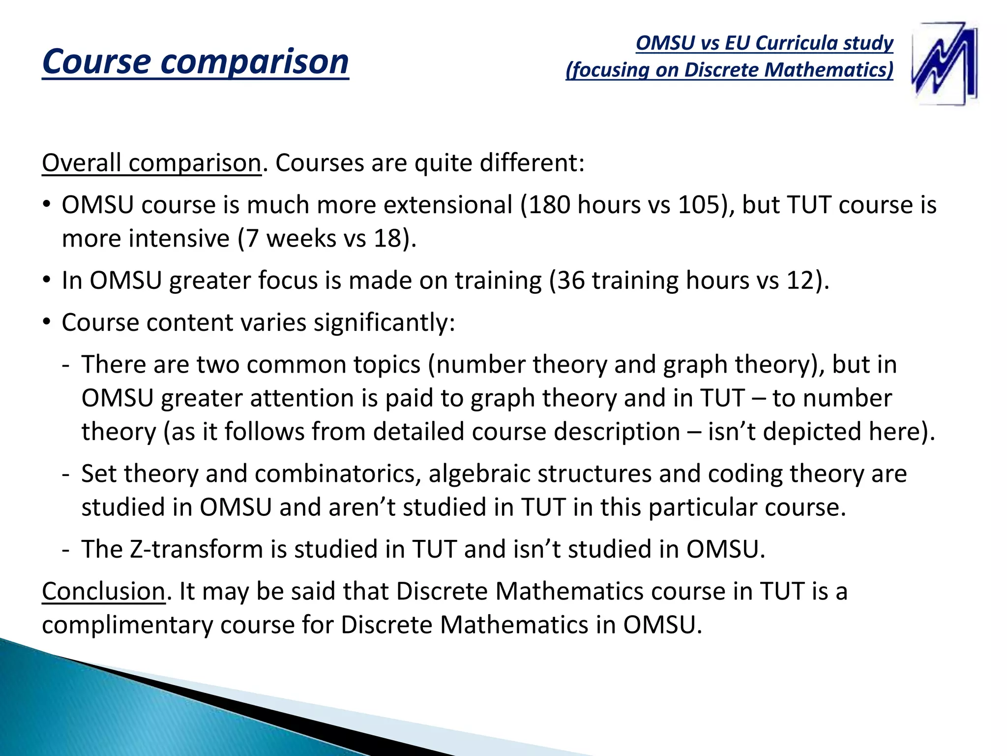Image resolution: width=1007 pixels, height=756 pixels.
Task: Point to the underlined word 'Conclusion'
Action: click(103, 591)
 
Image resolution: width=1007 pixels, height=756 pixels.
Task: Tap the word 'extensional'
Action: click(447, 205)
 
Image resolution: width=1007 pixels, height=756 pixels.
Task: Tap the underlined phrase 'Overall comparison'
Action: click(151, 163)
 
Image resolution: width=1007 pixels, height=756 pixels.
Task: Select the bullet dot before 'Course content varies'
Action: click(47, 322)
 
